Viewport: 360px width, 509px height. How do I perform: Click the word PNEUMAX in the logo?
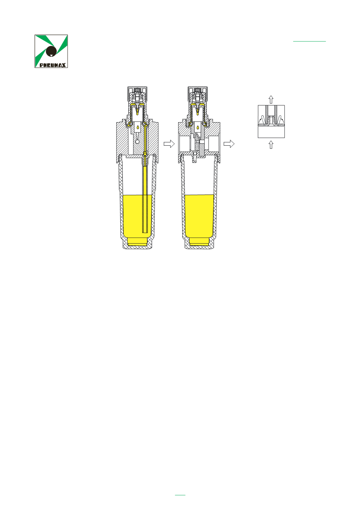tap(53, 65)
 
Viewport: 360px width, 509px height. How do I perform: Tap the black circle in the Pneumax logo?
tap(51, 51)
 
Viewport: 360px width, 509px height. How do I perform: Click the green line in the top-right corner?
tap(310, 42)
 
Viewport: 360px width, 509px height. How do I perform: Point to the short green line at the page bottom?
tap(180, 495)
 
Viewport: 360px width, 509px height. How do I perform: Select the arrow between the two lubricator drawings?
tap(169, 144)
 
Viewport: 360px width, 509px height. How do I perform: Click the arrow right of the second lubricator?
tap(229, 144)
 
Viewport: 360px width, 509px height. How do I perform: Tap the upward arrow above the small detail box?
tap(271, 100)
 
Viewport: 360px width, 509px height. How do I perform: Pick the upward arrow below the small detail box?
tap(271, 145)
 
